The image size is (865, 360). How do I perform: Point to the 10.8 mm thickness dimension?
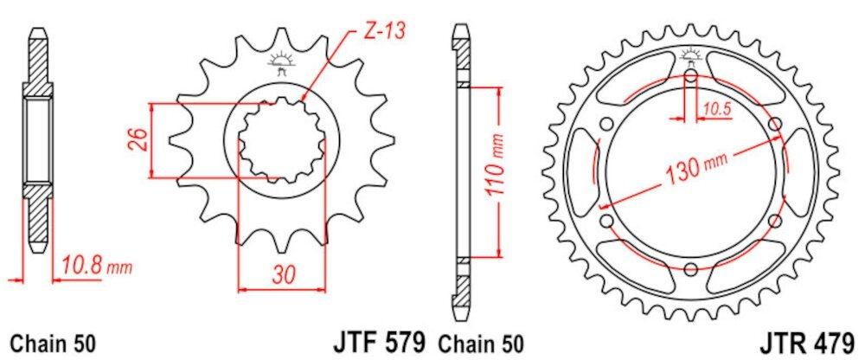point(94,265)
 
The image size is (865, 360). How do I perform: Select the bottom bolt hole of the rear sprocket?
point(691,267)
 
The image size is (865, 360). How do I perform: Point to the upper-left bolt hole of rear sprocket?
point(605,123)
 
